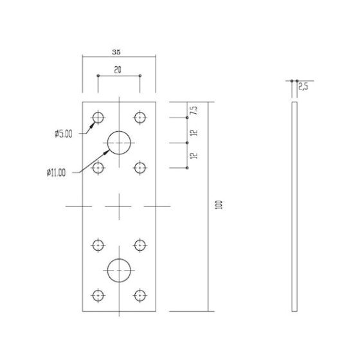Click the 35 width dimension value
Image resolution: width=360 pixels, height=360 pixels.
click(116, 52)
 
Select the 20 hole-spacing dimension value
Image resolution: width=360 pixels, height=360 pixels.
click(118, 70)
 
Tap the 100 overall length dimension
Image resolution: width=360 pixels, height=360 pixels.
click(219, 204)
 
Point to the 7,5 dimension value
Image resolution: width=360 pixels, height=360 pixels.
click(194, 111)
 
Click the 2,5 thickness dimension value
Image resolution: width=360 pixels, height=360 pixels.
click(303, 87)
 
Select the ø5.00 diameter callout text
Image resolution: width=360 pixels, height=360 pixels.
click(64, 134)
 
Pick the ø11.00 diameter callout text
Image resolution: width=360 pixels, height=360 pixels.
click(56, 172)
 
